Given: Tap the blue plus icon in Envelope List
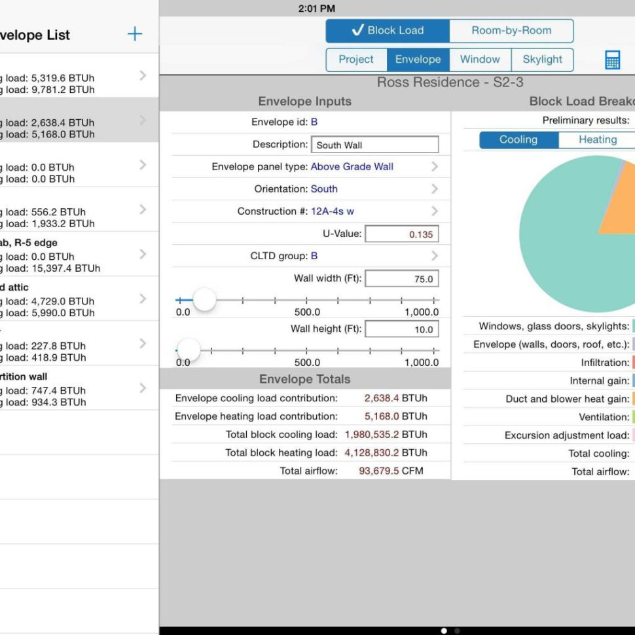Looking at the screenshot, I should click(135, 34).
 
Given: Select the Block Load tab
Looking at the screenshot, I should click(388, 31).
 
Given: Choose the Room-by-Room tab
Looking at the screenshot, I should click(511, 31).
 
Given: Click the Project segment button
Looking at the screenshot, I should click(356, 60).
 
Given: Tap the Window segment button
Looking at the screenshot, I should click(480, 60).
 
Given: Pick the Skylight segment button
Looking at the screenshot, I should click(542, 60).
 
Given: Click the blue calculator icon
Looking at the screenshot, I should click(612, 60).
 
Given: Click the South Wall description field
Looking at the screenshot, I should click(374, 145).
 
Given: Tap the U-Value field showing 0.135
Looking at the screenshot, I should click(401, 234).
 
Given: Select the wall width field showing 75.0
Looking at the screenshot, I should click(401, 279).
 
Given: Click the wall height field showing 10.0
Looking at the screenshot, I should click(401, 329).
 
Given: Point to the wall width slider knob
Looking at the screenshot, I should click(204, 300).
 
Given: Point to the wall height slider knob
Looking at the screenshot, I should click(189, 350).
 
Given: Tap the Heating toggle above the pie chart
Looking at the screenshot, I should click(597, 140).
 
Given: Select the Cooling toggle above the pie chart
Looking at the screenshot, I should click(518, 140).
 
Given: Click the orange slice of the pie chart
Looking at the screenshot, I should click(619, 203).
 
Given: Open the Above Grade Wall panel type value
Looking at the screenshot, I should click(352, 167).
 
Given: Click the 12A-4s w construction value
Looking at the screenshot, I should click(333, 211).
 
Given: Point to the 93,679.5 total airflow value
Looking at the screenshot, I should click(379, 471).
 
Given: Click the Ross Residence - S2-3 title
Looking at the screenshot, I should click(450, 82).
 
